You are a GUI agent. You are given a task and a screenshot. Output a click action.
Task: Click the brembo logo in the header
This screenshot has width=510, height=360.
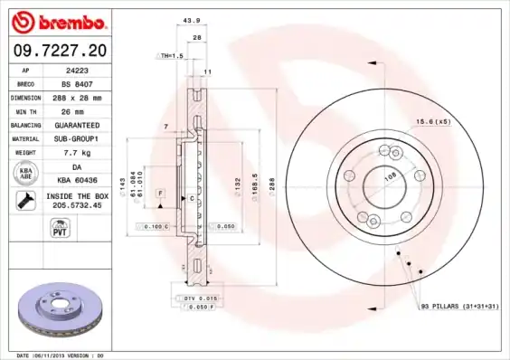[x=59, y=21]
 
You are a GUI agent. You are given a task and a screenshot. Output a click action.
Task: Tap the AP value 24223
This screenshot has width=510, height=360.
[x=76, y=69]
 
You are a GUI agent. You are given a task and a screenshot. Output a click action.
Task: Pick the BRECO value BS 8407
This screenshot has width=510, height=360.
[x=77, y=82]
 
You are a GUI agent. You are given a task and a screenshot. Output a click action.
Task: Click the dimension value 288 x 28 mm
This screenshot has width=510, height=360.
[x=77, y=97]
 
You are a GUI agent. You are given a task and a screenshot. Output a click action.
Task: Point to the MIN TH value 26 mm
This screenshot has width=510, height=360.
[x=77, y=110]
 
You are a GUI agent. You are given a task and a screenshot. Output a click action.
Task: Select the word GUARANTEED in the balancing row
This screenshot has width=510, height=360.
[x=77, y=125]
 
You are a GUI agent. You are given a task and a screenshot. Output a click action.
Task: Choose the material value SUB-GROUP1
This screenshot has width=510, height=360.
[x=77, y=138]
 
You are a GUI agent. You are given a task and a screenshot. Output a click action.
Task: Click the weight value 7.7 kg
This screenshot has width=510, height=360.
[x=77, y=153]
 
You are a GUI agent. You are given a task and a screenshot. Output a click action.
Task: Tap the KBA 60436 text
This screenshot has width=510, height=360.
[x=77, y=180]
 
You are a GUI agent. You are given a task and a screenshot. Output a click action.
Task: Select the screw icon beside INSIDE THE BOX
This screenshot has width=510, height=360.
[x=26, y=201]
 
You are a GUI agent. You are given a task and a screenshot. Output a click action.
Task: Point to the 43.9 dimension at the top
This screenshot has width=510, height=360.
[x=191, y=21]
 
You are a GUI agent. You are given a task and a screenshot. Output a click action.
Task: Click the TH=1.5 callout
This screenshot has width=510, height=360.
[x=170, y=55]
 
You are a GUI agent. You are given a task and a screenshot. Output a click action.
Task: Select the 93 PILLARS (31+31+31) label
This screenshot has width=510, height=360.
[x=458, y=308]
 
